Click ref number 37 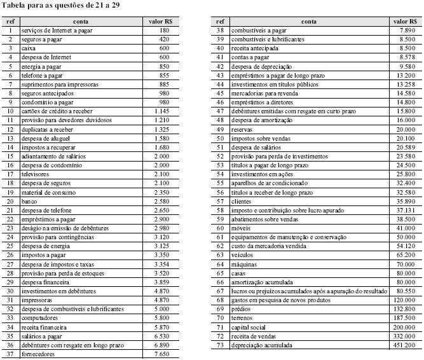click(10, 354)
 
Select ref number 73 click(221, 345)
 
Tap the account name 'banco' click(30, 201)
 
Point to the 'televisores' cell click(36, 174)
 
